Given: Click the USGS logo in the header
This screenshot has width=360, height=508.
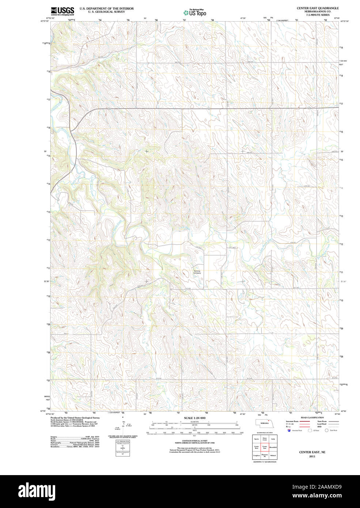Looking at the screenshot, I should (62, 11).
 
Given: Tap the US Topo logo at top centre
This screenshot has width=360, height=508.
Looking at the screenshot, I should (195, 13).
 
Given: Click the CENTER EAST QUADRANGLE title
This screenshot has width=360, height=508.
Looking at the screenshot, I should (317, 8).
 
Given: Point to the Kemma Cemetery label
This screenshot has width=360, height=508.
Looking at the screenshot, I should (197, 272).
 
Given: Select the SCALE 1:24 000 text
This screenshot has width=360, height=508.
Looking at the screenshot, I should (194, 418).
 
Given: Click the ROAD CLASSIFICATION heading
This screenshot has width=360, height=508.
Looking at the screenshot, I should (312, 417).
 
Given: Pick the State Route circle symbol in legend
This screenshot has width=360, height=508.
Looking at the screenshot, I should (326, 431).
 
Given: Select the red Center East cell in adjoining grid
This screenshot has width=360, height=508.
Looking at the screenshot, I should (265, 447).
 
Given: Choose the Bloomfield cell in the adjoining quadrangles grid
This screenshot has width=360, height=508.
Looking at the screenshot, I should (273, 447).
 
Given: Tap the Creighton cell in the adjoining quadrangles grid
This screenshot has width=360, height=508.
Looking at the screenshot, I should (256, 455).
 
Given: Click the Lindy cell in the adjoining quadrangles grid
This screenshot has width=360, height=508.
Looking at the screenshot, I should (273, 439).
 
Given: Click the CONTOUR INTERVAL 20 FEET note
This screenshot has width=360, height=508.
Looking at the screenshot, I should (194, 441).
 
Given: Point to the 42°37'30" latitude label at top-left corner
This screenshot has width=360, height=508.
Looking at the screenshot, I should (45, 21).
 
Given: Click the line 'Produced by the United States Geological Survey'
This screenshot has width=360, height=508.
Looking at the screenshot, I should (75, 417).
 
